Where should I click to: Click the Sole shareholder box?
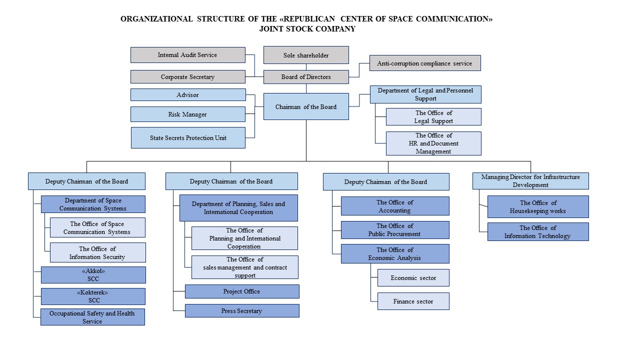coord(306,55)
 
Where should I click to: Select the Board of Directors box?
coord(306,77)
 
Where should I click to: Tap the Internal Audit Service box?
coord(187,55)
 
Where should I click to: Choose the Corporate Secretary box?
coord(187,77)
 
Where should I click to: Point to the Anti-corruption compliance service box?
coord(424,63)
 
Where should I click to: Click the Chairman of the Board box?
coord(306,106)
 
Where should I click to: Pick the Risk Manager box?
coord(187,114)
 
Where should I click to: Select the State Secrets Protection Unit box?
coord(188,138)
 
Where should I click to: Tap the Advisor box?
coord(187,94)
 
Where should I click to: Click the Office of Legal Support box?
coord(433,116)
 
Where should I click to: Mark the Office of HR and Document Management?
coord(433,143)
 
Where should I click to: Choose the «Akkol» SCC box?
coord(93,275)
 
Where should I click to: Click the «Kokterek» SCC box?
coord(93,296)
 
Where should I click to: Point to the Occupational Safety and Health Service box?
coord(92,317)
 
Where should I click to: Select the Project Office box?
coord(242,291)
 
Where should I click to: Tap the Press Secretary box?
coord(242,311)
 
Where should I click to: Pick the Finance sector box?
coord(413,301)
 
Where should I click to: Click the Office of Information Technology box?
coord(538,232)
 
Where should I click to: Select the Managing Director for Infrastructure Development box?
coord(530,181)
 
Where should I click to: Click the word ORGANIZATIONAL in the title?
coord(156,19)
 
